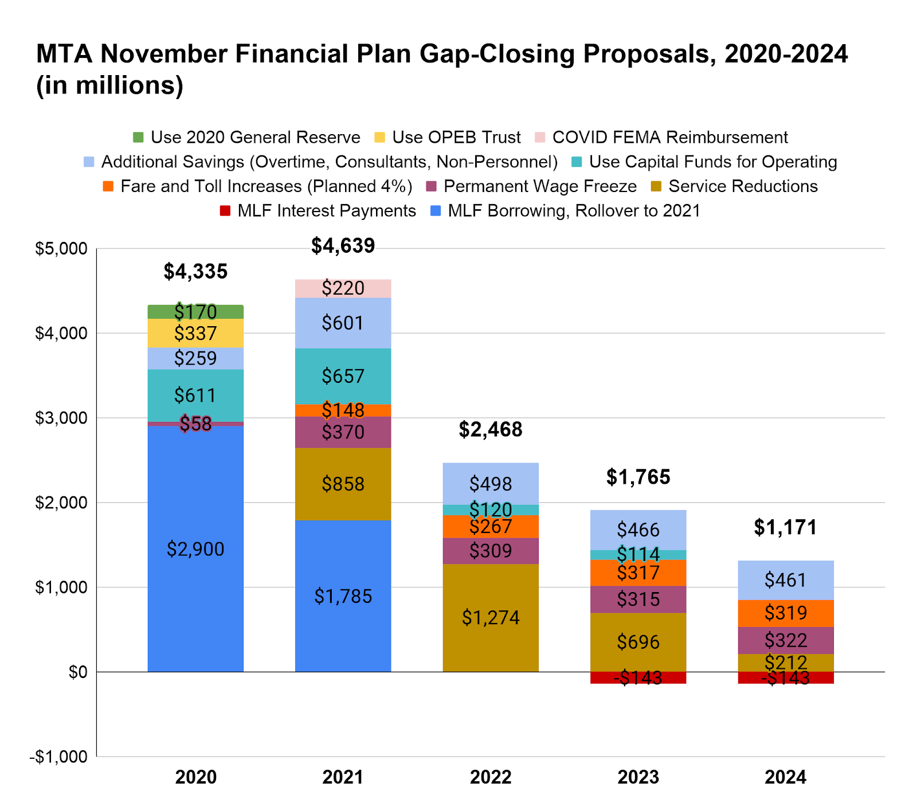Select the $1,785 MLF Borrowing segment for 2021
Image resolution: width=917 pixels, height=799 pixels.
click(x=343, y=596)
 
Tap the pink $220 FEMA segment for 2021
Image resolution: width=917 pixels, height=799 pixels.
click(x=343, y=288)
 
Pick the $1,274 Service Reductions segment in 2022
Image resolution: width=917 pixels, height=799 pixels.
click(x=491, y=617)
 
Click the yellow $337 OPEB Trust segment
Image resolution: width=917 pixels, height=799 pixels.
click(x=195, y=333)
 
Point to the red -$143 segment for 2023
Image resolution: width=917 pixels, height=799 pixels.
click(x=638, y=677)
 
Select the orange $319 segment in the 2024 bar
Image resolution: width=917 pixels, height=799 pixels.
click(x=785, y=613)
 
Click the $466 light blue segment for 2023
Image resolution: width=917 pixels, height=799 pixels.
click(x=638, y=530)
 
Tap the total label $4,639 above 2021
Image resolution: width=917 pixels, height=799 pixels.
click(x=343, y=246)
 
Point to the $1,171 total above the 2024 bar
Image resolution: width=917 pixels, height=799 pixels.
click(x=785, y=527)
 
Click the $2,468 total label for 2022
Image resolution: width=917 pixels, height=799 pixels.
click(x=491, y=429)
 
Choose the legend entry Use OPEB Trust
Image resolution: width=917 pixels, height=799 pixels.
click(x=456, y=138)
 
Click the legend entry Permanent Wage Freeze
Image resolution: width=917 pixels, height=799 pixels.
click(x=540, y=186)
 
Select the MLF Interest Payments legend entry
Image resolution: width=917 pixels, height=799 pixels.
click(x=326, y=211)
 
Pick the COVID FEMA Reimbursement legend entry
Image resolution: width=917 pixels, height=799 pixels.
click(x=669, y=138)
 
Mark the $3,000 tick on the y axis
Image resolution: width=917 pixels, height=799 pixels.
click(x=61, y=418)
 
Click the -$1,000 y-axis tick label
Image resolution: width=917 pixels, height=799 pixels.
click(x=58, y=757)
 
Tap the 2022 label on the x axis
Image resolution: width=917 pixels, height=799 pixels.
click(x=491, y=777)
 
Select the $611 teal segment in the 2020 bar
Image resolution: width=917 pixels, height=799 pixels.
click(x=195, y=395)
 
